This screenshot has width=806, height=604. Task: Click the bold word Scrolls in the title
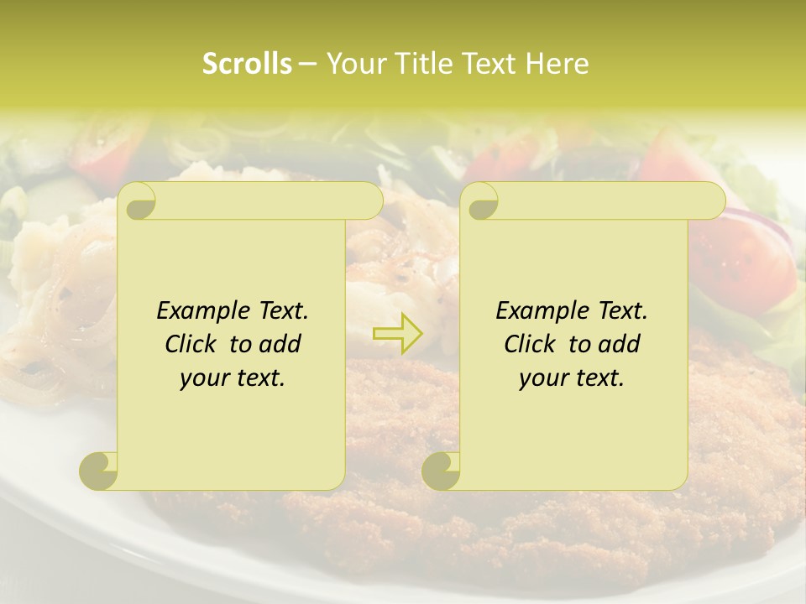[247, 64]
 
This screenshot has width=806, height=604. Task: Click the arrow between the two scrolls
[397, 334]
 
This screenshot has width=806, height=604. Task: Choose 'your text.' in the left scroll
[233, 377]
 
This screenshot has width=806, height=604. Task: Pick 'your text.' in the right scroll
[572, 377]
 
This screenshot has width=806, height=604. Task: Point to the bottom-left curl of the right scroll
[442, 471]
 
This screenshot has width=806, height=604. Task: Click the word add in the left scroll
[281, 344]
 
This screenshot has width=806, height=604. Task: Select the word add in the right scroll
[620, 344]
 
